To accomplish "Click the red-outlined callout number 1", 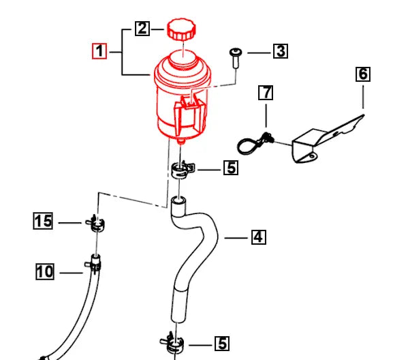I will [x=100, y=51].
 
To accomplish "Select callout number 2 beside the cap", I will [x=142, y=29].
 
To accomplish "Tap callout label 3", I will [x=281, y=51].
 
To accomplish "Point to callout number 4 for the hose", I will [x=257, y=237].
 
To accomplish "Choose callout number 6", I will [x=364, y=74].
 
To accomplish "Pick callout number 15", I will [x=43, y=222].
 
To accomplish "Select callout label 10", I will [x=45, y=273].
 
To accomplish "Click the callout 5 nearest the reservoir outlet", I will [x=231, y=167].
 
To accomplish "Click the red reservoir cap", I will [x=182, y=31].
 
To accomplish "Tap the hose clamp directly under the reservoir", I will [x=180, y=168].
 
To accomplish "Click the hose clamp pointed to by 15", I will [x=95, y=223].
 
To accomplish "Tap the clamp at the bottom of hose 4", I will [x=174, y=341].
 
